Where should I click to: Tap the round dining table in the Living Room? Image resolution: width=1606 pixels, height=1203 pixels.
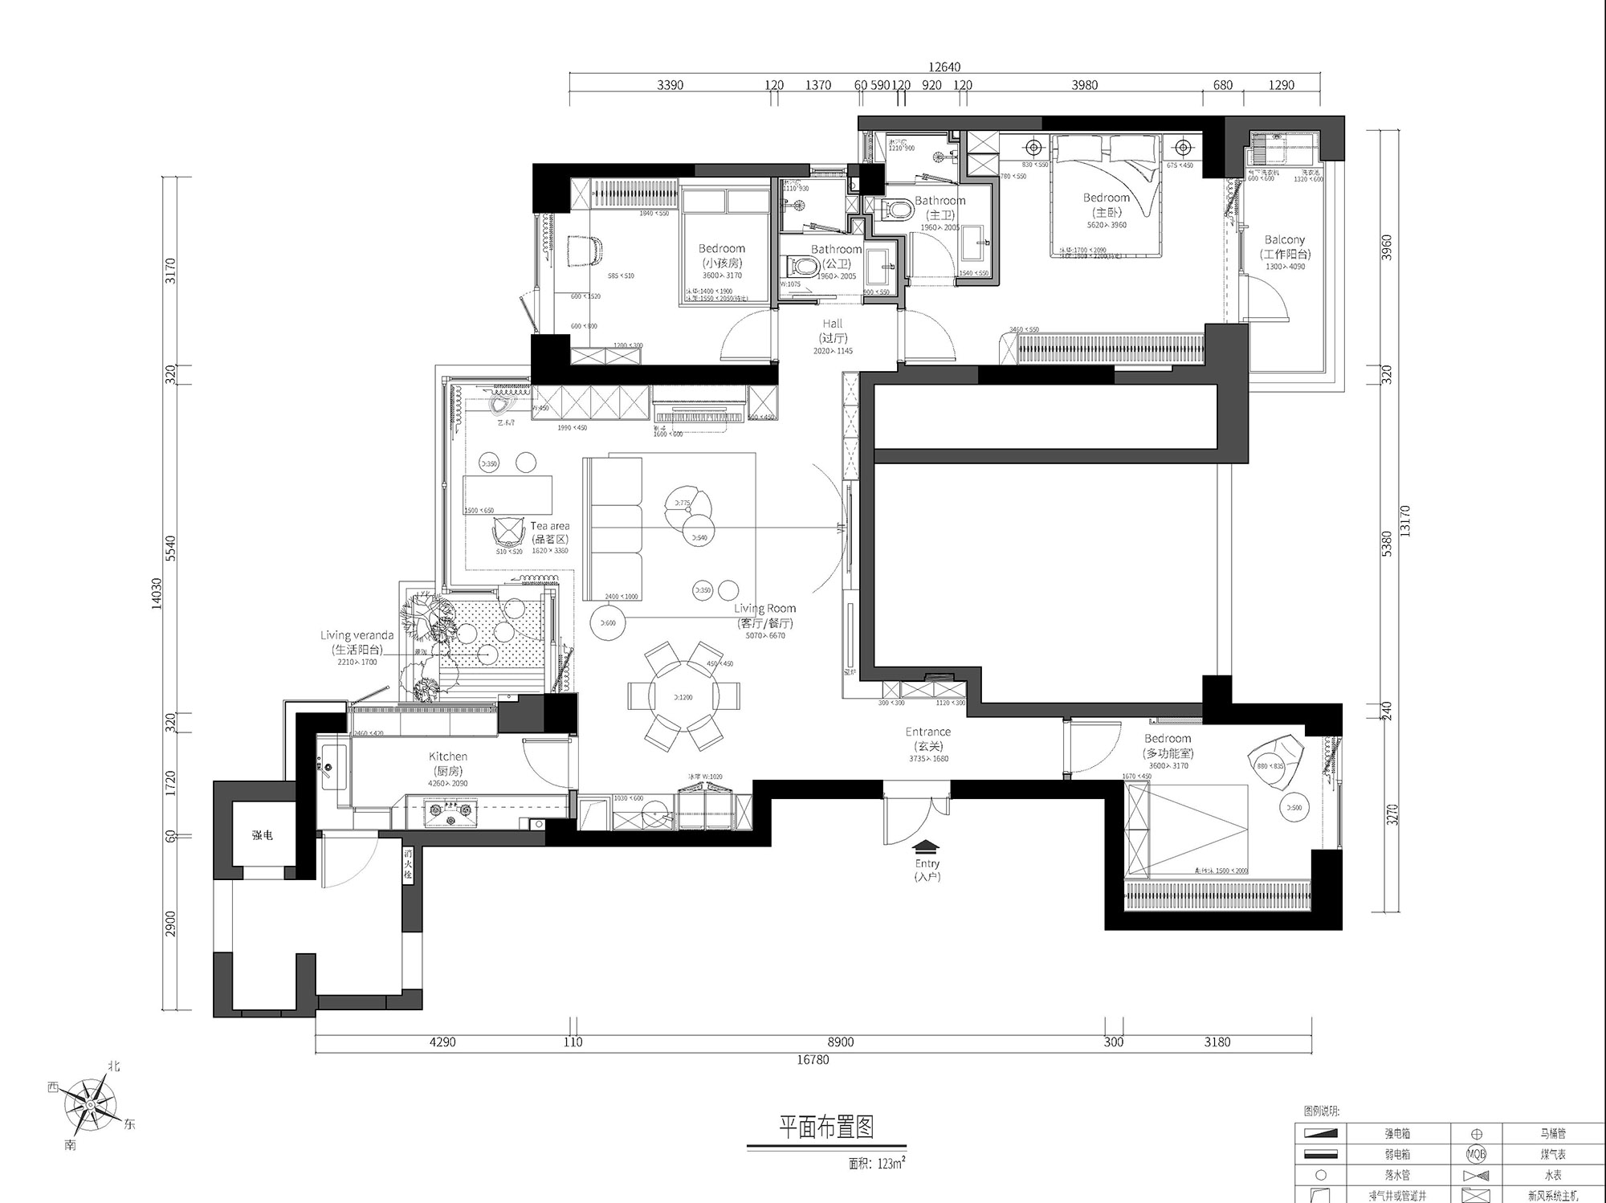pyautogui.click(x=684, y=696)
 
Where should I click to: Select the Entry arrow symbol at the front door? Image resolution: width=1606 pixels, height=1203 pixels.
pyautogui.click(x=926, y=846)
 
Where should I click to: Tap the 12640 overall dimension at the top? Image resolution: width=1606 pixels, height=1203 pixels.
pyautogui.click(x=944, y=67)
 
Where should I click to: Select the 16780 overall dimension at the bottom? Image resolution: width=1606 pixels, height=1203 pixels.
pyautogui.click(x=813, y=1060)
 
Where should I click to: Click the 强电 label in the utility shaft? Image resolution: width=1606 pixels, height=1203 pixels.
pyautogui.click(x=262, y=835)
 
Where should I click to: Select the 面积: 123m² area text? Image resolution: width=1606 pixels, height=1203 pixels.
pyautogui.click(x=877, y=1163)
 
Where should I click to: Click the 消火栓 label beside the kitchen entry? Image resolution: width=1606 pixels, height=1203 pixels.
pyautogui.click(x=408, y=865)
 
